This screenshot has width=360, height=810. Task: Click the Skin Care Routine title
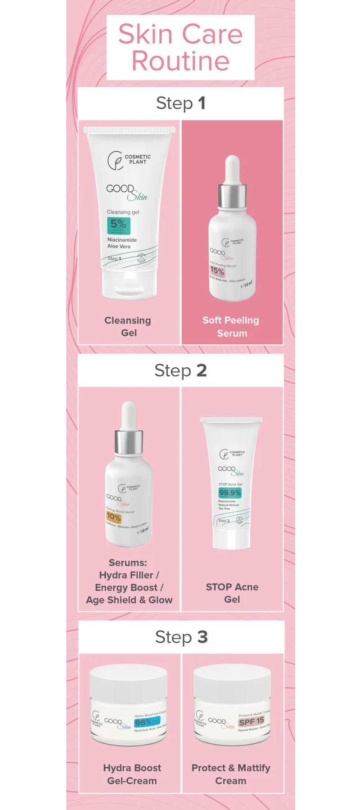(x=180, y=47)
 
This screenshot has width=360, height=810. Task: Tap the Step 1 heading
(x=180, y=103)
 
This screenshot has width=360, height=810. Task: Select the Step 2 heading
(x=180, y=370)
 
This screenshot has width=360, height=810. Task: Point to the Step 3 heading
(x=181, y=637)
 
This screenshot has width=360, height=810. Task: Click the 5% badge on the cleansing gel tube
(x=118, y=225)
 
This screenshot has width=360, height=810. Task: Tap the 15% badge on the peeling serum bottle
(x=217, y=271)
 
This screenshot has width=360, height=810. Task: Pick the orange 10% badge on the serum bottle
(x=113, y=517)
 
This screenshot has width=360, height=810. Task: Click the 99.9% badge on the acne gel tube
(x=229, y=493)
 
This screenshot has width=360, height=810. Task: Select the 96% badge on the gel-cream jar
(x=144, y=722)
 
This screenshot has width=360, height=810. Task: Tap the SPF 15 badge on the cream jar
(x=251, y=721)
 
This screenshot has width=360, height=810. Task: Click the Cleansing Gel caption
(x=128, y=327)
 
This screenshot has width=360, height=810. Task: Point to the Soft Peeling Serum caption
(x=231, y=327)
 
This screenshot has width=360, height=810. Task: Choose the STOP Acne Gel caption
(x=232, y=593)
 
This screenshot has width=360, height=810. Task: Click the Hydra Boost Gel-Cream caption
(x=132, y=774)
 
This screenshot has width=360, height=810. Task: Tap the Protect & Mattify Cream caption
(x=231, y=774)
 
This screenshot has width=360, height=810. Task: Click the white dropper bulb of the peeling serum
(x=232, y=169)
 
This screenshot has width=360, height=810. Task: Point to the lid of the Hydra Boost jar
(x=129, y=679)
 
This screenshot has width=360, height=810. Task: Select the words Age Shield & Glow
(x=129, y=600)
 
